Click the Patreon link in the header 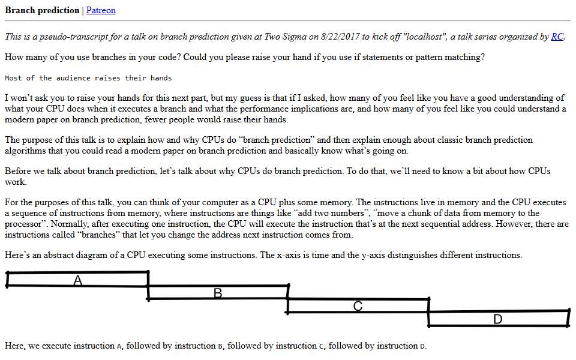coord(101,10)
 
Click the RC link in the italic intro coord(557,37)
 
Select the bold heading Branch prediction coord(42,10)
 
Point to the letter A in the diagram coord(77,281)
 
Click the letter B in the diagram coord(218,293)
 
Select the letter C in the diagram coord(358,306)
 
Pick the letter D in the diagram coord(498,319)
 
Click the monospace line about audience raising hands coord(88,78)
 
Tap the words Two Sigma coord(286,37)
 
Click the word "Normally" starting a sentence coord(70,224)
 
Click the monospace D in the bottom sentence coord(422,346)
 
